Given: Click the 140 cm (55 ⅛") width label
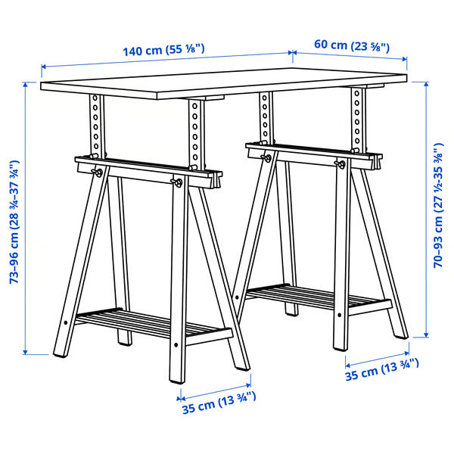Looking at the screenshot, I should pos(163,51).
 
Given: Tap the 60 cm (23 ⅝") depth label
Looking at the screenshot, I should pos(351,45).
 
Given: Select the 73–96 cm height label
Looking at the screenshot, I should pos(14,219).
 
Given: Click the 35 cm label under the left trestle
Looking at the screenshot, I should pos(218,406).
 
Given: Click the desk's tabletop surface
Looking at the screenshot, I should pos(219,87).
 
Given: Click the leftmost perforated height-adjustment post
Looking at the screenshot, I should pos(95,125).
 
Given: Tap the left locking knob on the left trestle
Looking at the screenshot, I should pos(98,173).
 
